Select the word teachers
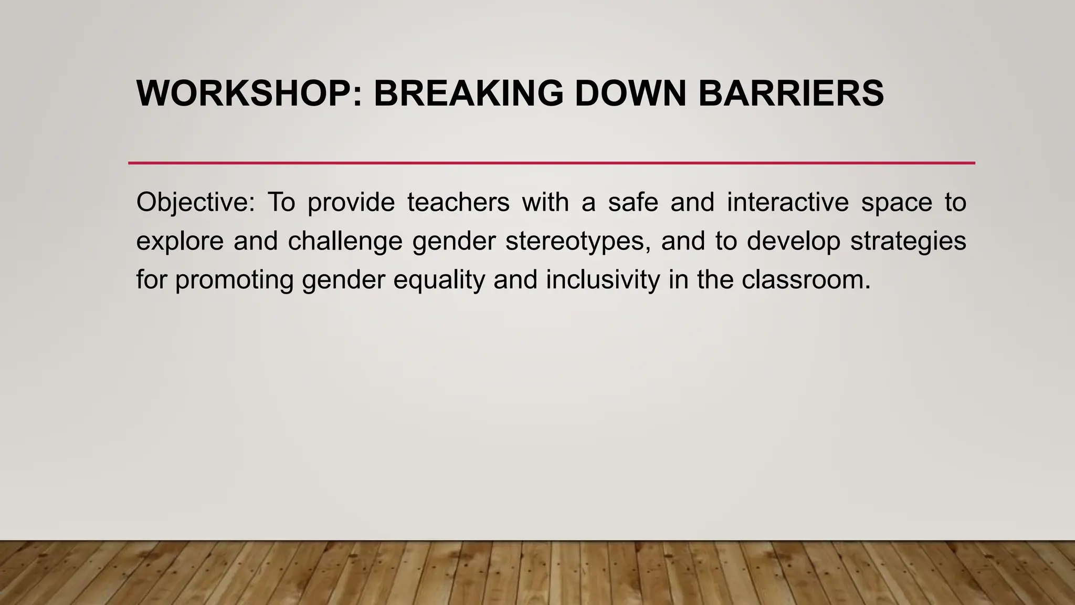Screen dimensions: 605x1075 458,203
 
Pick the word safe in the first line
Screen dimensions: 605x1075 633,203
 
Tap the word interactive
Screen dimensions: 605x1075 787,203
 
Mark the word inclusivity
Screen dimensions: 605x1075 603,279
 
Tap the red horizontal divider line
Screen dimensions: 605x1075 551,163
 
